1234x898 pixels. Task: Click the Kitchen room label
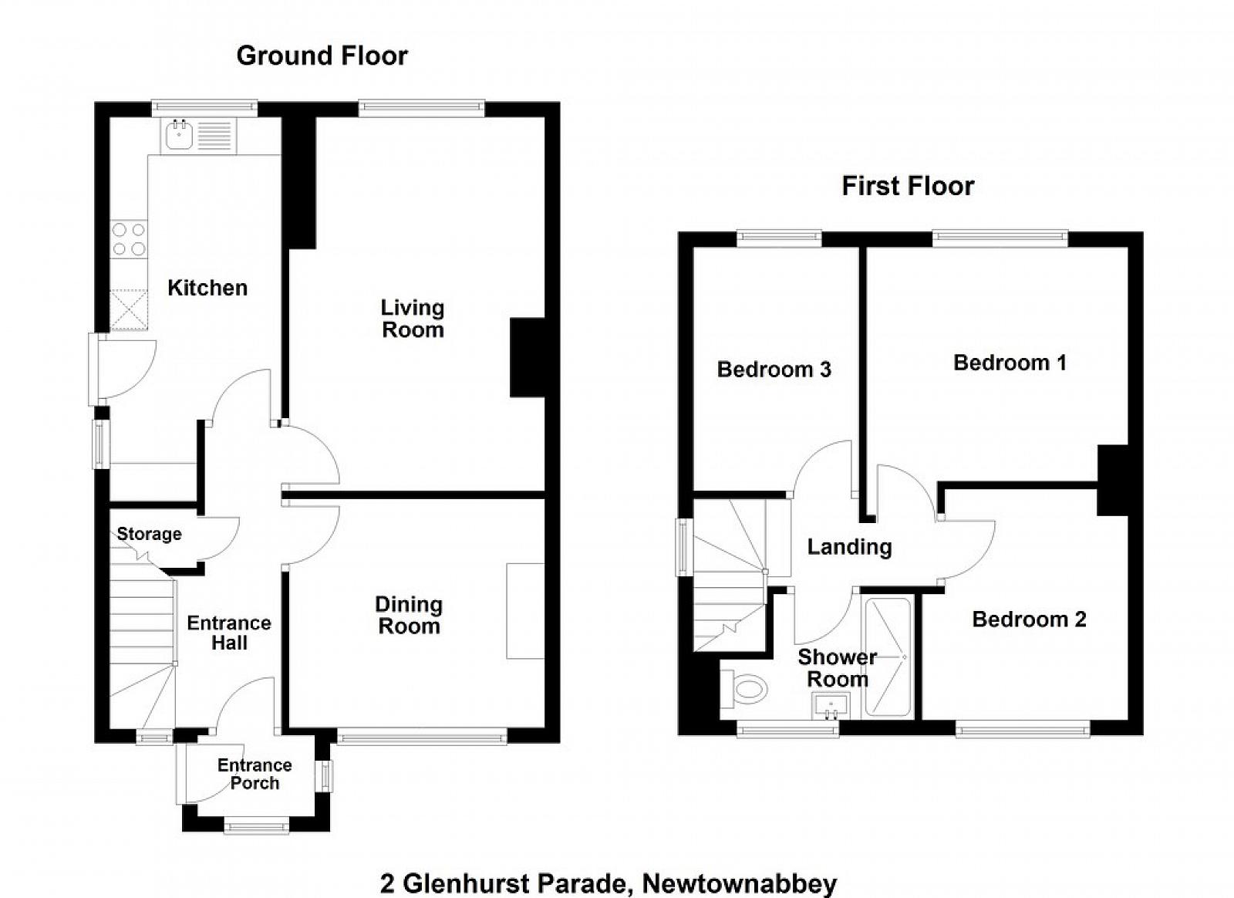(207, 288)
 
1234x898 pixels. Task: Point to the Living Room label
(413, 319)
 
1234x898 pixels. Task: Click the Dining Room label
(409, 615)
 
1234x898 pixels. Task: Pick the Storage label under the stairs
(149, 534)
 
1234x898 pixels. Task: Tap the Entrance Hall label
(229, 633)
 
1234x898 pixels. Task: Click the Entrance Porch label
(255, 774)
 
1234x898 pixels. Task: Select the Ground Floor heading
(322, 56)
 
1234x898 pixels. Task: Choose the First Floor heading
(908, 186)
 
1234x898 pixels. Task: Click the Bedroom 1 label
(1010, 363)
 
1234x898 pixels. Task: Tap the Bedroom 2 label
(1029, 619)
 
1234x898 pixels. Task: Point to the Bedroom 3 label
(774, 370)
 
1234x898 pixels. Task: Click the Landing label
(849, 547)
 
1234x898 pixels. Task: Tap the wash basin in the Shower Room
(830, 705)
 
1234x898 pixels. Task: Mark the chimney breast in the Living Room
(528, 358)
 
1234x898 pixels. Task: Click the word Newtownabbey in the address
(740, 883)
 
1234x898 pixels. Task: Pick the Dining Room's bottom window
(422, 738)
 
